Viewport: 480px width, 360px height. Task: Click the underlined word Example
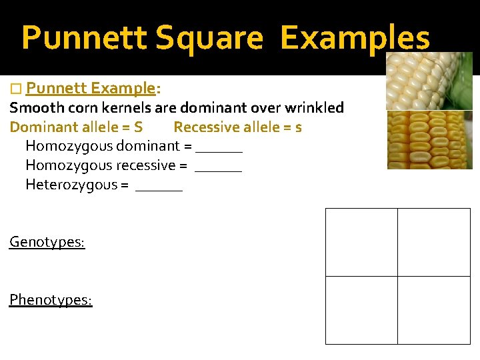point(123,89)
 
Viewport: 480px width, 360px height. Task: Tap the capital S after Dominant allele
point(138,127)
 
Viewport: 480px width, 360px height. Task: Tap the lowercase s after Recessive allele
point(298,127)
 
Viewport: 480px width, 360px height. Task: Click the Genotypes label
point(47,242)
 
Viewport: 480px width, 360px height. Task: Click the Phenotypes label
point(51,300)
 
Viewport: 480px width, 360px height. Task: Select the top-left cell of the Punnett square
point(361,242)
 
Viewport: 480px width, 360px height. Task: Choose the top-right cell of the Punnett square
point(434,242)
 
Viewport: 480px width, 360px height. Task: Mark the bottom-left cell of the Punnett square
point(361,310)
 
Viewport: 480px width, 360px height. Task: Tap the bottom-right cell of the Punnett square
point(434,310)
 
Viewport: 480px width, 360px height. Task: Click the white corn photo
point(429,80)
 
